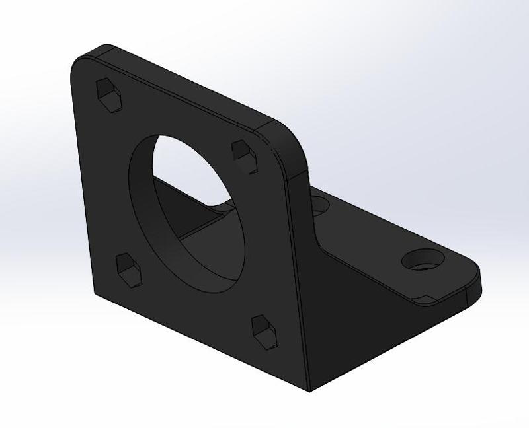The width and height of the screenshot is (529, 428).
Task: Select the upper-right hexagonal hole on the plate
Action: coord(244,155)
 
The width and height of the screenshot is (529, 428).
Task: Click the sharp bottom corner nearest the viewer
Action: coord(309,390)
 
